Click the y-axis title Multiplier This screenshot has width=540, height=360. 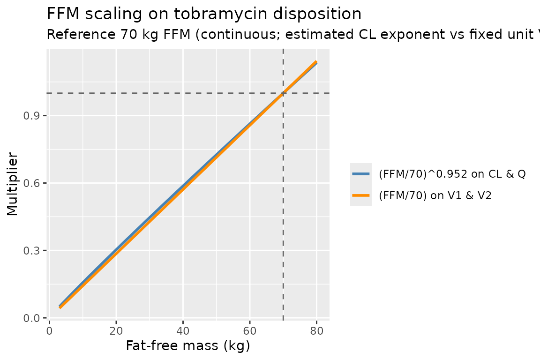[x=12, y=184]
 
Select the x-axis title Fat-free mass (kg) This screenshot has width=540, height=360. [x=188, y=345]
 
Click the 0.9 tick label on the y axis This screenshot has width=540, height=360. [x=30, y=116]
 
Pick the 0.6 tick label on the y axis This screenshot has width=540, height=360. [x=30, y=183]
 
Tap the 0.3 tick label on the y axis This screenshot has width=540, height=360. [x=30, y=251]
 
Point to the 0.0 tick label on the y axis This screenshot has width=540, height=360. [x=30, y=318]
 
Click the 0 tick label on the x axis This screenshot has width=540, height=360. [x=49, y=331]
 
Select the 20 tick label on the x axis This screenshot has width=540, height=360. [x=116, y=331]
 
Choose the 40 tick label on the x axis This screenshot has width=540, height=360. [x=183, y=331]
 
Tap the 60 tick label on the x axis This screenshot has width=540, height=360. [x=250, y=331]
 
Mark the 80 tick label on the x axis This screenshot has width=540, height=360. [x=316, y=331]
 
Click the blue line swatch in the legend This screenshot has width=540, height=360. [x=361, y=174]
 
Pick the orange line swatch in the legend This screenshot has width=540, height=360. [x=361, y=195]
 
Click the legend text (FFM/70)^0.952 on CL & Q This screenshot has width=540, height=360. [x=452, y=174]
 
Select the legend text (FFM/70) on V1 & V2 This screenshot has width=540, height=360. [x=435, y=195]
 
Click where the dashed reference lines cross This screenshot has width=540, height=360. [x=283, y=93]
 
